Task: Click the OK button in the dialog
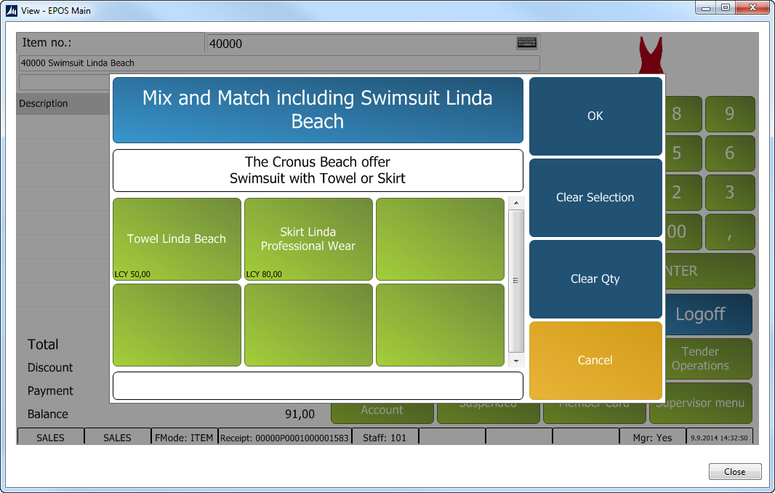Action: click(x=595, y=116)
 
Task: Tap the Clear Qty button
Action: click(x=595, y=279)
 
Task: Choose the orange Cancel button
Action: click(x=595, y=361)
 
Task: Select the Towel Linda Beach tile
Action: click(x=177, y=239)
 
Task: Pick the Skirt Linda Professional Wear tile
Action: click(x=308, y=239)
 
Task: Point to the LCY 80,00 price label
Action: click(x=265, y=274)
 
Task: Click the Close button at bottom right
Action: click(x=735, y=472)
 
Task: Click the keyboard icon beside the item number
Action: click(x=527, y=43)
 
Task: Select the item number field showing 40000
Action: click(x=360, y=44)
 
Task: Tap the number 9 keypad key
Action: click(x=730, y=114)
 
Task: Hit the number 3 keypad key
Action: click(x=730, y=193)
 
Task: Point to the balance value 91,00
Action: click(x=300, y=414)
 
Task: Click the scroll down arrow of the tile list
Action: click(x=516, y=361)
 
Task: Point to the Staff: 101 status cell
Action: click(x=385, y=438)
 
